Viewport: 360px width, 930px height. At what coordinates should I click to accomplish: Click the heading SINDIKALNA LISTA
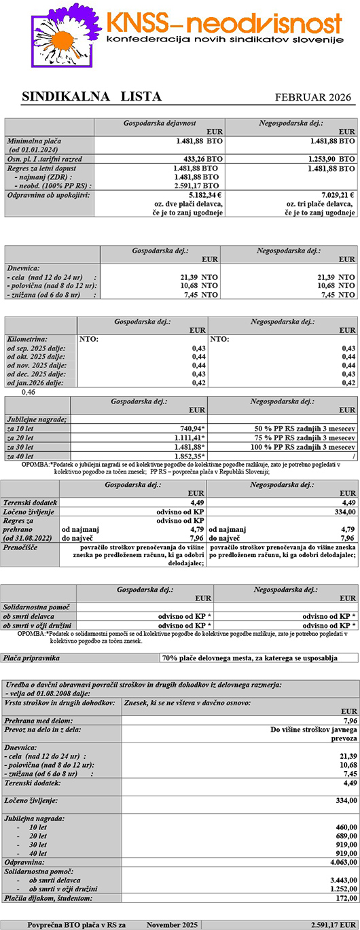92,96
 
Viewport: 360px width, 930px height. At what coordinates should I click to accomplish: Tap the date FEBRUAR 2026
313,97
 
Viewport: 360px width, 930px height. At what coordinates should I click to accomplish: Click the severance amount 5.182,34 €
201,194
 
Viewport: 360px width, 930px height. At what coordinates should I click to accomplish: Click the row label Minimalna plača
34,141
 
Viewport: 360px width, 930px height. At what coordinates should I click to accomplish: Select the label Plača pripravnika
31,658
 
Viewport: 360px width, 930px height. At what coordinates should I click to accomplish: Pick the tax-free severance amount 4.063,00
340,862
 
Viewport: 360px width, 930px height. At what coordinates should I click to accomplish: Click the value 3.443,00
340,880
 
